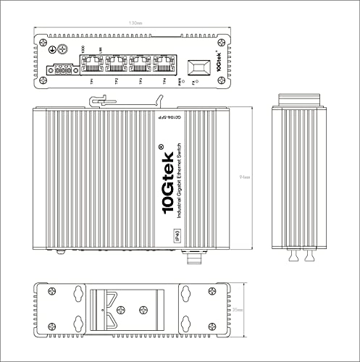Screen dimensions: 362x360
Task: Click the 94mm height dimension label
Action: pyautogui.click(x=246, y=177)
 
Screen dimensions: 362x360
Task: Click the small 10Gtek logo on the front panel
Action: pyautogui.click(x=218, y=64)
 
